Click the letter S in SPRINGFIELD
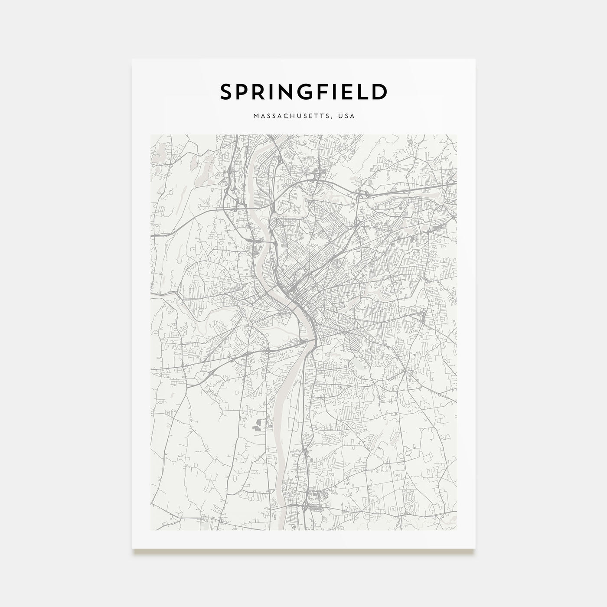[228, 92]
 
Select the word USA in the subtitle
[348, 116]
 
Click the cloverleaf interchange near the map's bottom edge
[307, 504]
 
